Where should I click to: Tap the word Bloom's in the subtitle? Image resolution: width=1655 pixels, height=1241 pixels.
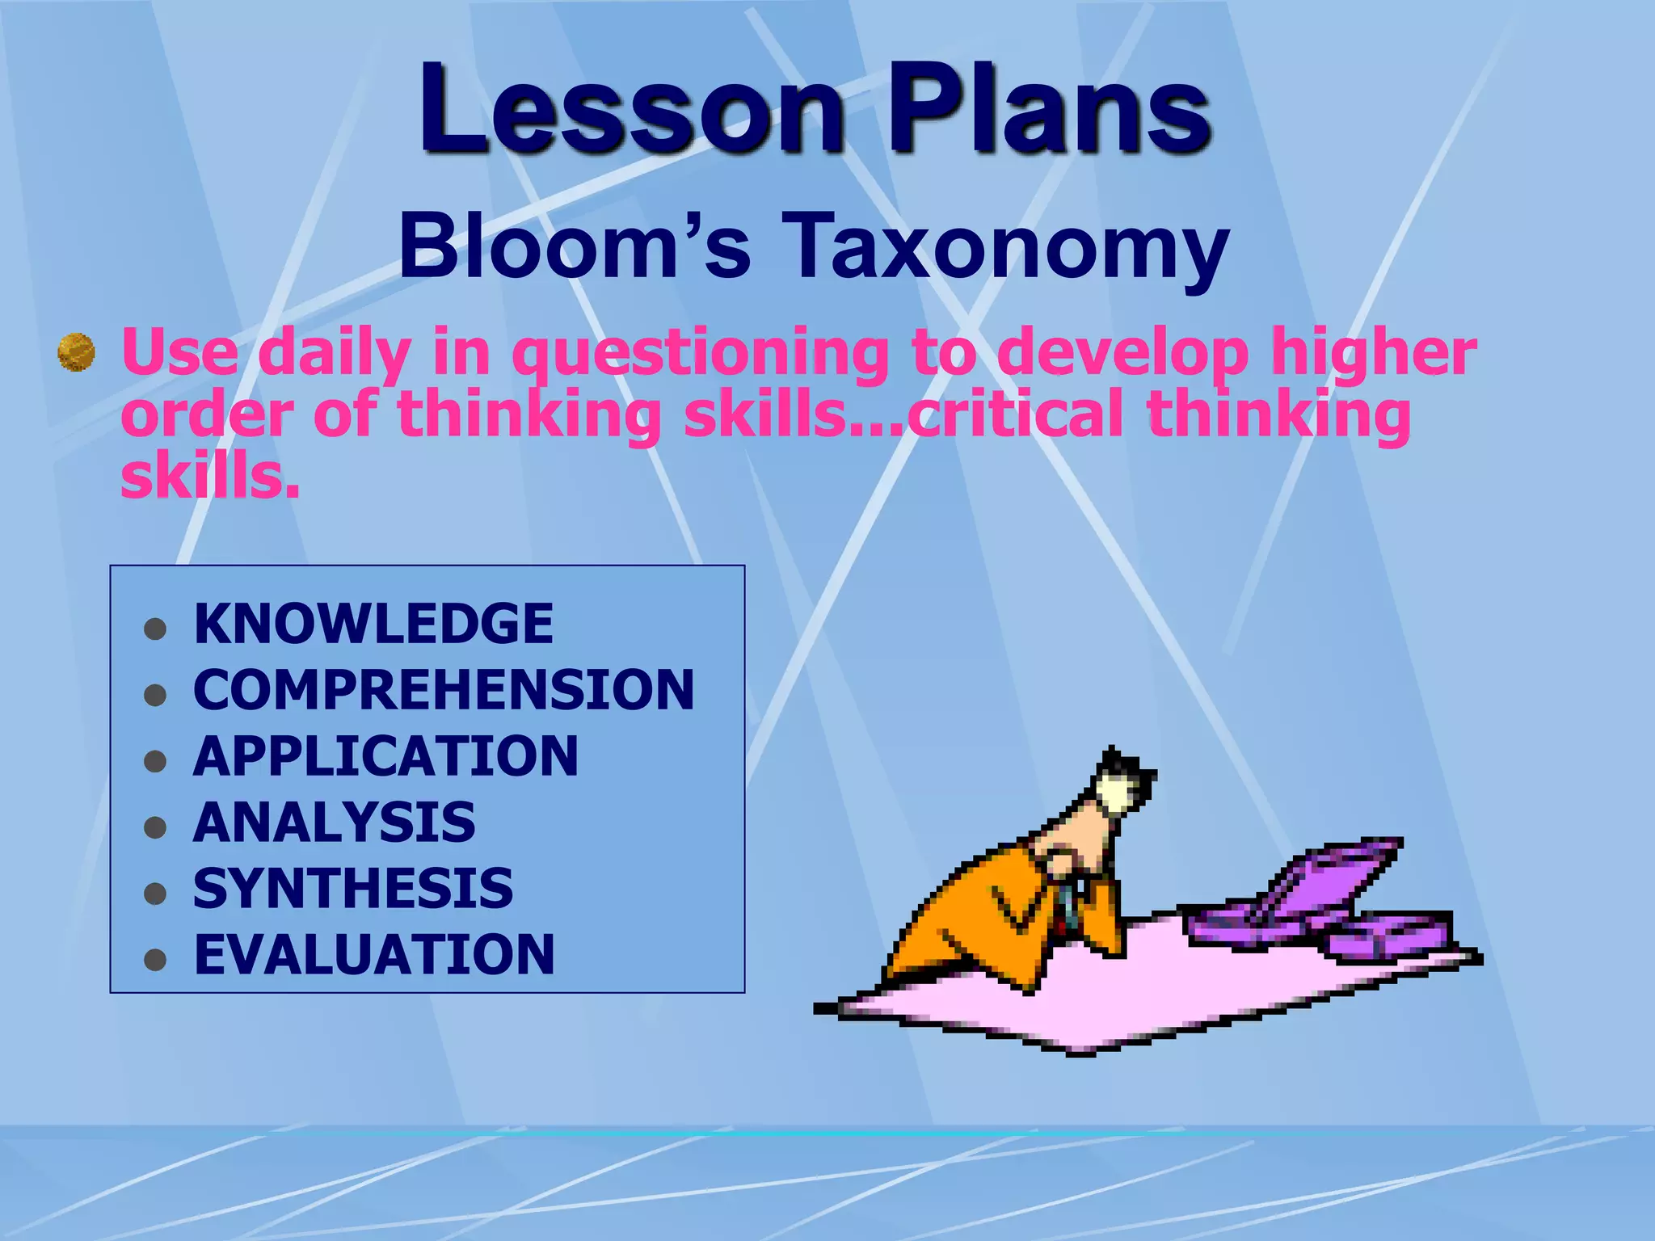point(574,245)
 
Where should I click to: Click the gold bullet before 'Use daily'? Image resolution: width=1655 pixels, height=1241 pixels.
point(77,353)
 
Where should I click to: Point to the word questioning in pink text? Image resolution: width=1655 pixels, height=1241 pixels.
point(700,353)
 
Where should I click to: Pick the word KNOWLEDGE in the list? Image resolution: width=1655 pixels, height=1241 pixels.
point(373,624)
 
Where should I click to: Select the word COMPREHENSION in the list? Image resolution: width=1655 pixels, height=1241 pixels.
point(444,690)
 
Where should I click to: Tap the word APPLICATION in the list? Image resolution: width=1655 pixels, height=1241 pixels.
point(385,756)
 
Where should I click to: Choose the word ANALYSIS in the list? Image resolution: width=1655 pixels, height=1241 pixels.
point(335,822)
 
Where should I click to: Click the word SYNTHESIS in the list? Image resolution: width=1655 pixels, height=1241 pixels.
point(353,889)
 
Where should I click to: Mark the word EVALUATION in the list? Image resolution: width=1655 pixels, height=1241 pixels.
point(374,955)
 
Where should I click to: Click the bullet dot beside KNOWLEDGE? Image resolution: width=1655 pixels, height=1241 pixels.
point(154,629)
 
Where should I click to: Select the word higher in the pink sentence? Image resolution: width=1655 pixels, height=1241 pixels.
point(1373,353)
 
